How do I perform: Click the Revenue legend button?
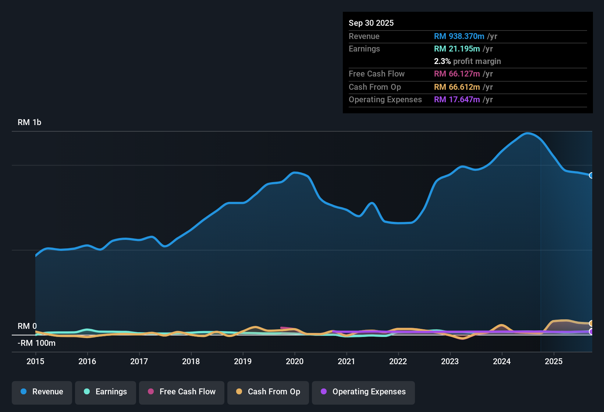tap(42, 392)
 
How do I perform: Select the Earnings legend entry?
tap(106, 392)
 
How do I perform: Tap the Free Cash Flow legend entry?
tap(182, 392)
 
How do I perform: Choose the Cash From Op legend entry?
tap(268, 392)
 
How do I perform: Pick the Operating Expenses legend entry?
tap(363, 392)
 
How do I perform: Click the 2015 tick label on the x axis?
tap(35, 362)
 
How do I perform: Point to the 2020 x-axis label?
tap(295, 362)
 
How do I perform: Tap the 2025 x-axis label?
tap(554, 362)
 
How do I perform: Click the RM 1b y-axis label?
tap(29, 122)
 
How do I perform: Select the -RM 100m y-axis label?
tap(36, 343)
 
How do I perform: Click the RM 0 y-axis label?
tap(27, 326)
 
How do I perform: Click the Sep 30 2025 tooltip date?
tap(371, 23)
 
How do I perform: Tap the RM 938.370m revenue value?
tap(459, 36)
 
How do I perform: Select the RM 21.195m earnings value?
tap(456, 49)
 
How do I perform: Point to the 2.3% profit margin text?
tap(467, 61)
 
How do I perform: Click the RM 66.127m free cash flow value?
tap(456, 74)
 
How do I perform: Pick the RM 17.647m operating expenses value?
tap(456, 100)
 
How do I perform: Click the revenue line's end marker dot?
tap(591, 175)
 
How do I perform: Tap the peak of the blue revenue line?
tap(527, 133)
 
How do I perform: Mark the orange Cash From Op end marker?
tap(591, 323)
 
